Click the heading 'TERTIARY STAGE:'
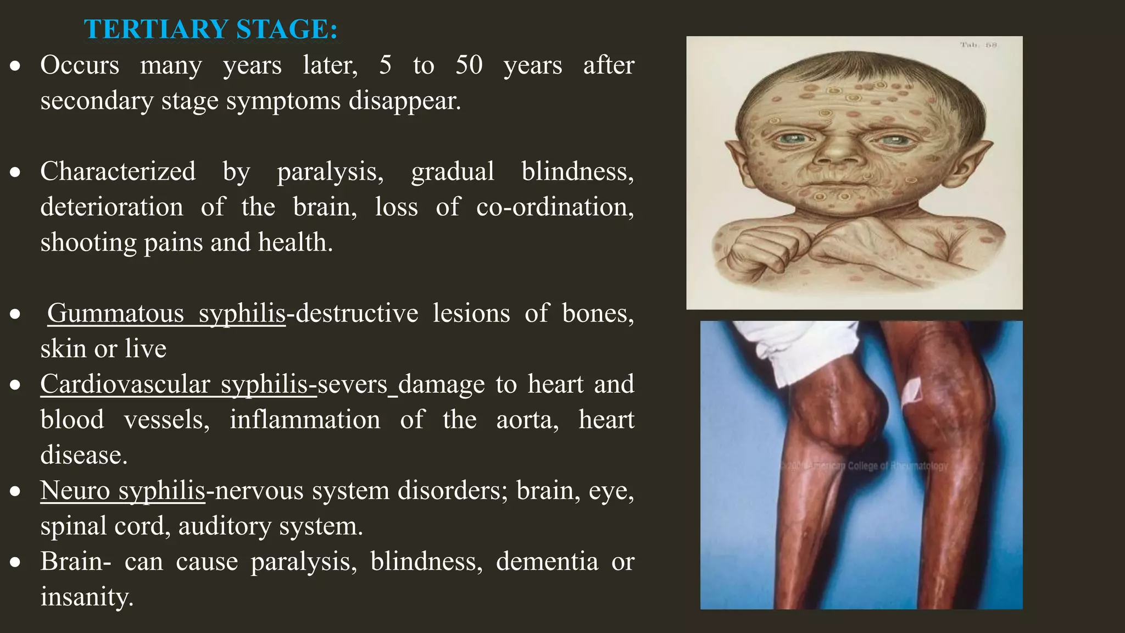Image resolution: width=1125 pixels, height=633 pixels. (x=211, y=29)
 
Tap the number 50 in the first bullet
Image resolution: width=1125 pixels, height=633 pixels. (x=469, y=65)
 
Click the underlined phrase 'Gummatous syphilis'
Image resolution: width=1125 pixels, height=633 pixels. (x=166, y=313)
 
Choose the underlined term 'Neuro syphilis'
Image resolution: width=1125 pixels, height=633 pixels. (x=122, y=490)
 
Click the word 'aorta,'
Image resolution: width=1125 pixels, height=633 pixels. (x=527, y=420)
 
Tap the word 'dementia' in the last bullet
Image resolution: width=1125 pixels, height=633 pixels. (x=547, y=562)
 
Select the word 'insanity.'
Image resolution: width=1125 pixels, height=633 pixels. (x=87, y=597)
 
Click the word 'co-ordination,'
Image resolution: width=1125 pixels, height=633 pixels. (x=555, y=207)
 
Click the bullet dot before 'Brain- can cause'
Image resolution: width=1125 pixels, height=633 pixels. (x=15, y=562)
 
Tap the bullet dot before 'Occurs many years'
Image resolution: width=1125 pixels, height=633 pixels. (x=15, y=66)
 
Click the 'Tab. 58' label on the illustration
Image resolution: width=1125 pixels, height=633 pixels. (x=978, y=45)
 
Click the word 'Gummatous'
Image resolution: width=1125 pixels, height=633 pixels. (x=115, y=313)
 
